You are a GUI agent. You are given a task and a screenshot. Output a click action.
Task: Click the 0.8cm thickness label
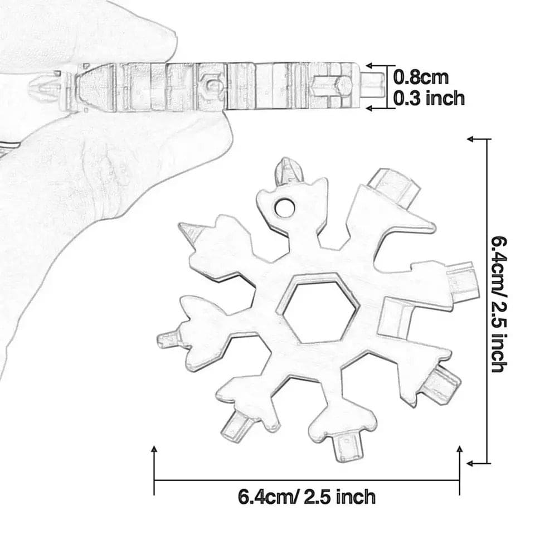(421, 77)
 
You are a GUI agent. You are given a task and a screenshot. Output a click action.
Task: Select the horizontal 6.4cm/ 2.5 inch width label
(307, 496)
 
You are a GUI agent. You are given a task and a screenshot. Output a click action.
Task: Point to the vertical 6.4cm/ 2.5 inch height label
(499, 304)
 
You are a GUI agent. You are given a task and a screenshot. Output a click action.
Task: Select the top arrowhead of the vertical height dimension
(471, 138)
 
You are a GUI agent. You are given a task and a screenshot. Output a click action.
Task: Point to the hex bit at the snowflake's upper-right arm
(393, 187)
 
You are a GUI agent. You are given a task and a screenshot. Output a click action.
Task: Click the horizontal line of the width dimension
(307, 480)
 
